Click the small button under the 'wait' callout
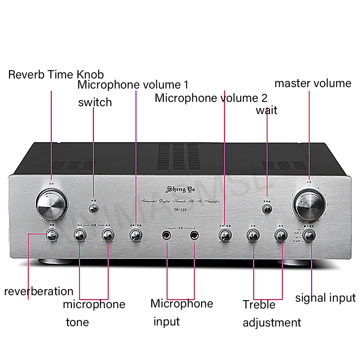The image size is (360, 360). [267, 208]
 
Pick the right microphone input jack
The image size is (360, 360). [194, 236]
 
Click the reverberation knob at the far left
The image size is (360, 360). [51, 235]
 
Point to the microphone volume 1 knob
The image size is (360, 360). [136, 235]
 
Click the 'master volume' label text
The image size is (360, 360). [312, 84]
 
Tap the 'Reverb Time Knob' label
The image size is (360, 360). [56, 75]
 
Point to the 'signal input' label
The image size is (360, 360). [325, 298]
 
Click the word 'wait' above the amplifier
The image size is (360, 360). [266, 110]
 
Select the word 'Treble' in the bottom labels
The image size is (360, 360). [258, 305]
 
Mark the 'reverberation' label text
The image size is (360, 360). [39, 291]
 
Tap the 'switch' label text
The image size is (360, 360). [95, 102]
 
